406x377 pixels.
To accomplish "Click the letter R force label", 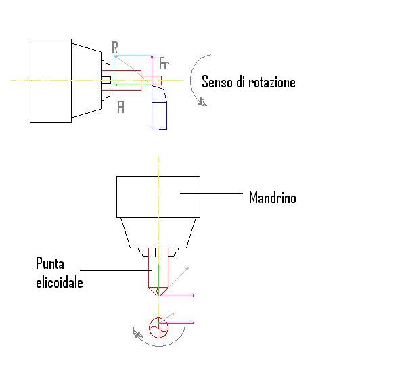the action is [x=115, y=47].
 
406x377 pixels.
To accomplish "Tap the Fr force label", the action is [x=164, y=64].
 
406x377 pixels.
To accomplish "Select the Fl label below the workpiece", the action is [x=121, y=107].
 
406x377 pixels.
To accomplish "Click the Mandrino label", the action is [x=273, y=198].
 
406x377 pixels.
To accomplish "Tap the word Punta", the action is [x=50, y=263].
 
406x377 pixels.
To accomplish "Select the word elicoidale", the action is [x=60, y=282].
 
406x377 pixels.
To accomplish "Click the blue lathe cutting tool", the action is [x=159, y=107].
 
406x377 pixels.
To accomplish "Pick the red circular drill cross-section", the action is [x=158, y=328].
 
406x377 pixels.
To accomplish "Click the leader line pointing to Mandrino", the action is [x=211, y=193].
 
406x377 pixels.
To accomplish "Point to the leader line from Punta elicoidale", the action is [x=116, y=270].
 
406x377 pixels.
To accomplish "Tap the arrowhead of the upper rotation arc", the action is [x=203, y=102].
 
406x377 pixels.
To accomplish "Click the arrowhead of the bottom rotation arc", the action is [x=137, y=333].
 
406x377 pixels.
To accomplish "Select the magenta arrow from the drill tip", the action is [x=177, y=295].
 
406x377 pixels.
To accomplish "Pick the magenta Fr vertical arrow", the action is [x=152, y=70].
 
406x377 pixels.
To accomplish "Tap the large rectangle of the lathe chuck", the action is [x=51, y=81].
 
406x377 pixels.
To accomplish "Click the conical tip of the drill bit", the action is [x=158, y=291].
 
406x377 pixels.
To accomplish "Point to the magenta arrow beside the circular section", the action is [x=177, y=323].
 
